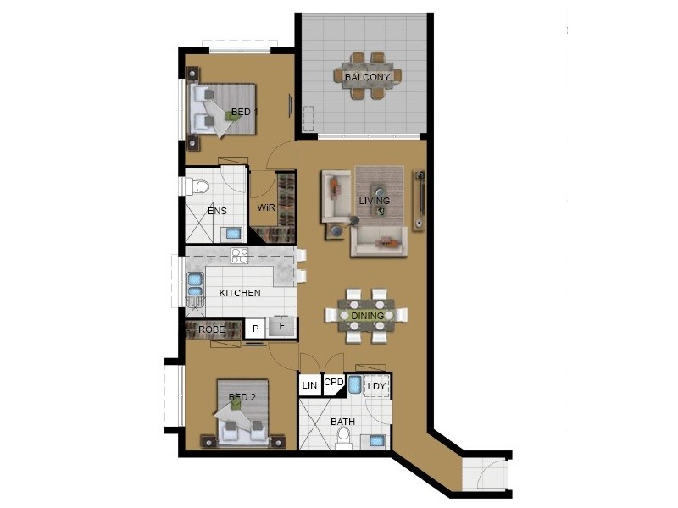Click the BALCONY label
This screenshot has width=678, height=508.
367,77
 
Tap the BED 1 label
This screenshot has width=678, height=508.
245,112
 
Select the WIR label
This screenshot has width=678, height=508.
265,207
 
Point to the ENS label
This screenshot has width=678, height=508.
217,211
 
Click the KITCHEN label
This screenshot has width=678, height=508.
240,293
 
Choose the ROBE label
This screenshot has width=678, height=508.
211,329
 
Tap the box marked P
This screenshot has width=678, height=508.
255,329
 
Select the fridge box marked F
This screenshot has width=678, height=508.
282,326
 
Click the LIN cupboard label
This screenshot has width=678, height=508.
309,385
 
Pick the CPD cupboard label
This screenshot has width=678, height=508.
334,383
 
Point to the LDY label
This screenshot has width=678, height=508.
377,387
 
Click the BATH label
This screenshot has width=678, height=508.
342,421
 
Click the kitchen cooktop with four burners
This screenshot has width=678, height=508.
239,256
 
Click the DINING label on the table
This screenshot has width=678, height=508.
369,316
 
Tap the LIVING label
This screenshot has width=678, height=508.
374,201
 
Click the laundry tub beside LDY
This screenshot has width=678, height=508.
354,385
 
